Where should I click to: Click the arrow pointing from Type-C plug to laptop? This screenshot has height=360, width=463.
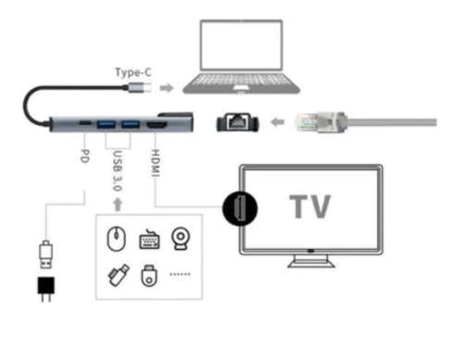click(167, 89)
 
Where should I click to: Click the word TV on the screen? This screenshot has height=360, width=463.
click(311, 207)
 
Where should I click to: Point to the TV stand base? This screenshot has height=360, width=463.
click(310, 262)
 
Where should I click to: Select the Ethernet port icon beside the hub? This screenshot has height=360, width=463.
click(235, 122)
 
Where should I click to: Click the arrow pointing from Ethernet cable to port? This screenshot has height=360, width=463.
click(276, 122)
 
